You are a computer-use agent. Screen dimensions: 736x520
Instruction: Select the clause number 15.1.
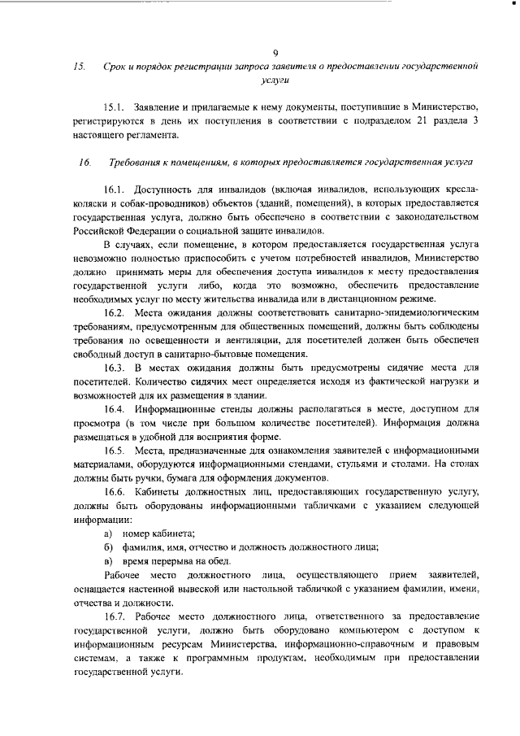(117, 108)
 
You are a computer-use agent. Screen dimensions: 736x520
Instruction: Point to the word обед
(219, 561)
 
